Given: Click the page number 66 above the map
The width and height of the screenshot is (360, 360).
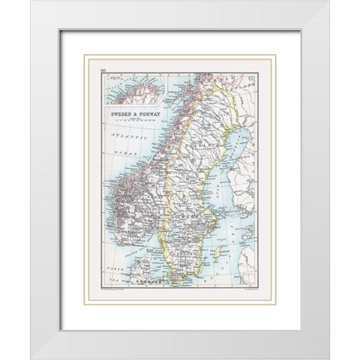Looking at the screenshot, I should pyautogui.click(x=103, y=68).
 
